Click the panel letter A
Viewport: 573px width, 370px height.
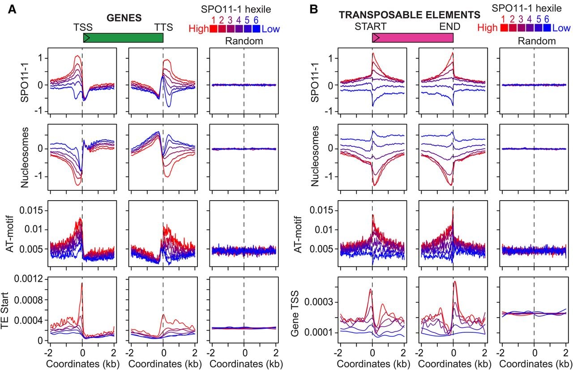click(12, 9)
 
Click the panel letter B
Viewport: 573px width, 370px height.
click(314, 9)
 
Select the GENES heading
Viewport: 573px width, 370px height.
click(124, 18)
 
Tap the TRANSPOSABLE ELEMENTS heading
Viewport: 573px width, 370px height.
click(410, 15)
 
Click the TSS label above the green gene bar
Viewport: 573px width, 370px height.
click(83, 27)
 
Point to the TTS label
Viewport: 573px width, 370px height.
click(163, 27)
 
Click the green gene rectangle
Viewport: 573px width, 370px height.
click(123, 38)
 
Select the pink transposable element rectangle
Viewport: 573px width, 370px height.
click(413, 38)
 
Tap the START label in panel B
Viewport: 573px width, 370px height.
click(370, 26)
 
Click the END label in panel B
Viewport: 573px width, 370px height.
click(450, 26)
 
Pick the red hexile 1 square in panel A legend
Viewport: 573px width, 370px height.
click(214, 29)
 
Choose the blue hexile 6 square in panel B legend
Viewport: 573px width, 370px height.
click(547, 27)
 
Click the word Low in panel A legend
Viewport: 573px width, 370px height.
click(271, 29)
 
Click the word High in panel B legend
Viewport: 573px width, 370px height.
click(487, 28)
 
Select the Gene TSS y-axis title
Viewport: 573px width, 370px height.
click(295, 314)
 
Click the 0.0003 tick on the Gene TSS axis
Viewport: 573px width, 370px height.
click(318, 302)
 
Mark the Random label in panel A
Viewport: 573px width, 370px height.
click(244, 41)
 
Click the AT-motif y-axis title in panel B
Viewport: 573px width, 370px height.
click(298, 234)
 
